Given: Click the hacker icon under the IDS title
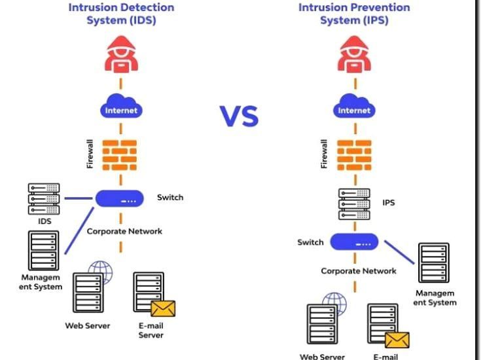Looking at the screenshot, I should tap(121, 54).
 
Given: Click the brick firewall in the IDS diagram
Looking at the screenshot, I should tap(120, 154).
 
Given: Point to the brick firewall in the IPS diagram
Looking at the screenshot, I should tap(354, 154).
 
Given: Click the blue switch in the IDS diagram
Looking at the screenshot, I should tap(120, 198).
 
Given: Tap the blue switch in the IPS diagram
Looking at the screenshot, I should tap(354, 242).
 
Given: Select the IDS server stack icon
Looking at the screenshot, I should tap(44, 199).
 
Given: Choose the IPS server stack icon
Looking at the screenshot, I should tap(354, 204).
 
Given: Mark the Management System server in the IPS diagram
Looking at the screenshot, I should tap(434, 262).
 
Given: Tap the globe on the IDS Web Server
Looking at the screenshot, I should tap(101, 272).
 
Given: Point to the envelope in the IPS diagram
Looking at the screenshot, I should tap(397, 340).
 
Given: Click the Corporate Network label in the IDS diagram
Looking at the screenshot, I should tap(124, 231).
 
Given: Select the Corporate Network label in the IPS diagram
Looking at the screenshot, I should tap(358, 271).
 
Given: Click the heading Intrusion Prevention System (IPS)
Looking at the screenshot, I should tap(354, 14).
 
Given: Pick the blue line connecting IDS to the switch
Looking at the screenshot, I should tap(78, 198).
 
